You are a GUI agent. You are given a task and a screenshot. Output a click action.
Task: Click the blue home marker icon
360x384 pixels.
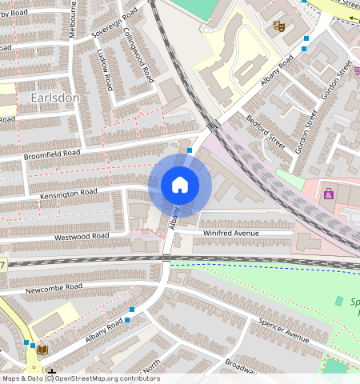(180, 186)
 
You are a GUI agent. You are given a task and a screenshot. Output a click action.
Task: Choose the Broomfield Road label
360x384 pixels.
(52, 153)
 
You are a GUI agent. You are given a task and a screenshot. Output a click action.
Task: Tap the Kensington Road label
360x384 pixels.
(68, 194)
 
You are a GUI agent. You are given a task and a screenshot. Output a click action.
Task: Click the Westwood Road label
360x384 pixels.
(82, 237)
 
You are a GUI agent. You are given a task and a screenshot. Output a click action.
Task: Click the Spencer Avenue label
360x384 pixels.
(283, 331)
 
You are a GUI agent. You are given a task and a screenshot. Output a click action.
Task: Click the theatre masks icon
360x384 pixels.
(279, 26)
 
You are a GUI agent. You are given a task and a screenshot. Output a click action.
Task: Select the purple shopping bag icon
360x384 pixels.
(329, 194)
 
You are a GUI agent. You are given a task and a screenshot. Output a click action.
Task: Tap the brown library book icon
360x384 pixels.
(42, 350)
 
